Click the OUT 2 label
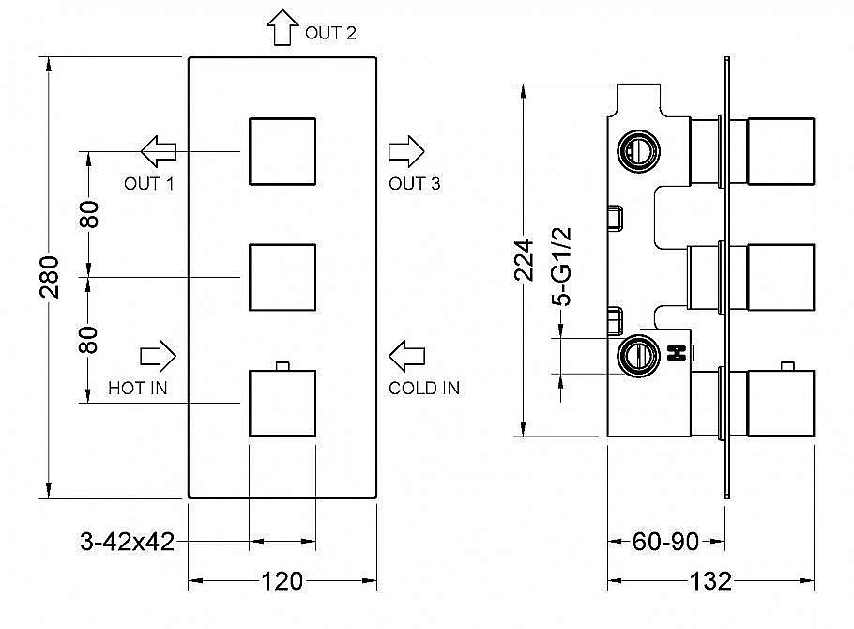[x=330, y=33]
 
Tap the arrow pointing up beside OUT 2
[x=282, y=26]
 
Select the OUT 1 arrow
[x=159, y=151]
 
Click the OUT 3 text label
[x=414, y=184]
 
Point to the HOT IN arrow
[x=158, y=357]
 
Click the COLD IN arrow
[x=406, y=357]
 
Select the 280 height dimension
[x=50, y=276]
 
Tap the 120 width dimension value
[x=282, y=581]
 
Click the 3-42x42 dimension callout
[x=127, y=542]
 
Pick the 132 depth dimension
[x=710, y=581]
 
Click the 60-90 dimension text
[x=665, y=542]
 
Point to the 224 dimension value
[x=524, y=259]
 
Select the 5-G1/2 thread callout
[x=561, y=267]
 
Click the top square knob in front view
[x=282, y=151]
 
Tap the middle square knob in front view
[x=282, y=278]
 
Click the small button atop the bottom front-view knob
[x=282, y=366]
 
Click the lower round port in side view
[x=638, y=356]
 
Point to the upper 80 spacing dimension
[x=89, y=214]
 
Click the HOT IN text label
[x=137, y=388]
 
